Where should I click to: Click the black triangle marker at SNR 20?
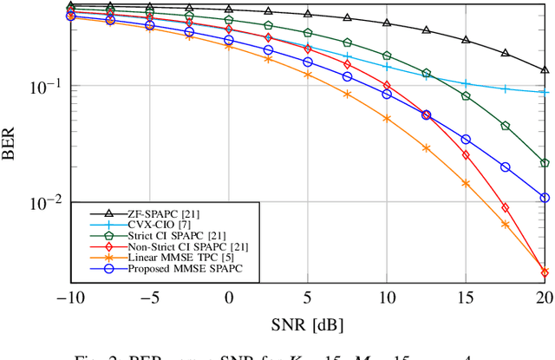[545, 70]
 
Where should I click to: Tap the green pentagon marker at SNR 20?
[545, 163]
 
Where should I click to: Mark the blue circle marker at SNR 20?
[545, 198]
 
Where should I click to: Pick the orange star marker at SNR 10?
[387, 118]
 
